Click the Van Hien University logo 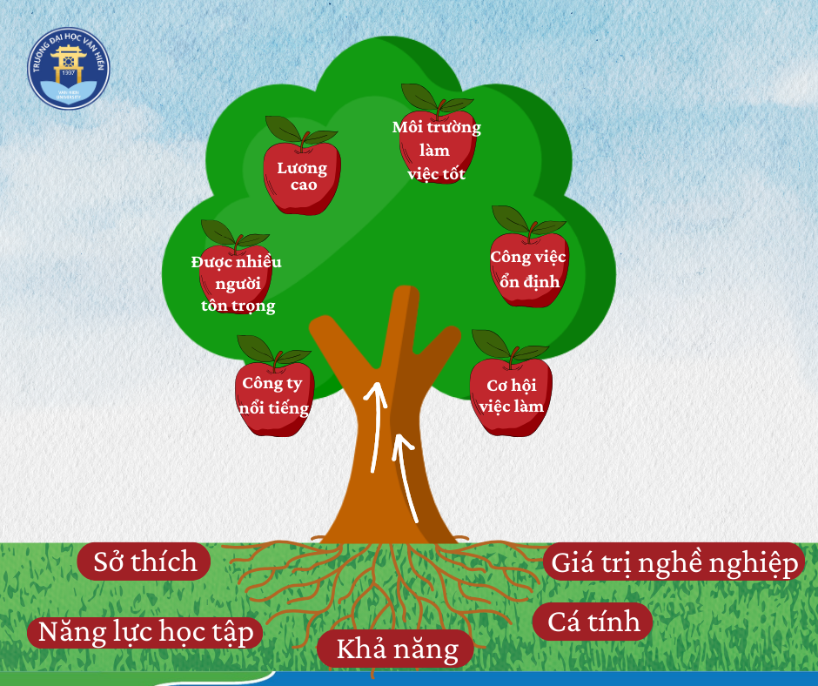69,69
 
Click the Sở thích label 144,562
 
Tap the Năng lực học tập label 145,632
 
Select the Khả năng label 396,649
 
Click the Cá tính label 593,622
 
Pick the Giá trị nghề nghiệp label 674,562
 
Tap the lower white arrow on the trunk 405,476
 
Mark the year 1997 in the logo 69,72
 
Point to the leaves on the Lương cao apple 301,131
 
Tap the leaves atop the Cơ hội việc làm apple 509,346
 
